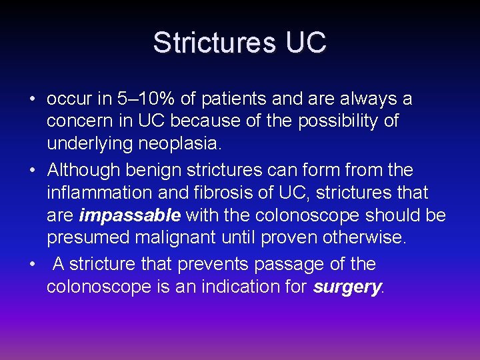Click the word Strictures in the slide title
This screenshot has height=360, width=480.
(214, 43)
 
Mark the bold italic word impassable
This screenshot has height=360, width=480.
(130, 215)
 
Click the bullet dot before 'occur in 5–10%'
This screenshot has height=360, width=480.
(32, 100)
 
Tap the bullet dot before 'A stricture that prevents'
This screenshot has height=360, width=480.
(32, 265)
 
